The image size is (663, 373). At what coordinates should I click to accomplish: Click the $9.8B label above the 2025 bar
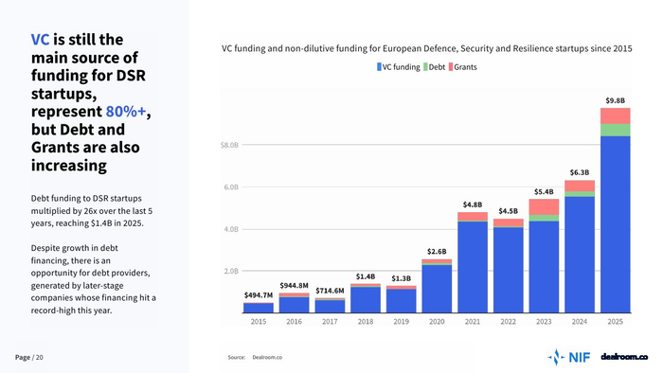pos(616,100)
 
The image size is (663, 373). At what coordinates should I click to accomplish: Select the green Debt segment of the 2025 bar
pos(616,130)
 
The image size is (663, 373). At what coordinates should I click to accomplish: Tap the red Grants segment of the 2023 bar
pos(544,207)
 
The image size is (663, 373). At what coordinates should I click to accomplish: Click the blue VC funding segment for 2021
pos(473,267)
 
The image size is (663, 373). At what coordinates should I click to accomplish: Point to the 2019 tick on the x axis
pos(401,322)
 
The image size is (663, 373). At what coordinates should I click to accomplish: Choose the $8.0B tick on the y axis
pos(229,145)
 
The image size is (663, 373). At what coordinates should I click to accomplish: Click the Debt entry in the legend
pos(434,67)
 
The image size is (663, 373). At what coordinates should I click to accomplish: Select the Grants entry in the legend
pos(462,67)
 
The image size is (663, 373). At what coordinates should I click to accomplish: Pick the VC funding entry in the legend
pos(399,67)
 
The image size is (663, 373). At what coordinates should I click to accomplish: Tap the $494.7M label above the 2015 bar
pos(259,295)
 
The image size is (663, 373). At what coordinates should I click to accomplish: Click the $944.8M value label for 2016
pos(294,286)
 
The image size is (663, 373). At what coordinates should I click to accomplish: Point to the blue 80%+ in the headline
pos(126,111)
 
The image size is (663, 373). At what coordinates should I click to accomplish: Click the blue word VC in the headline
pos(40,39)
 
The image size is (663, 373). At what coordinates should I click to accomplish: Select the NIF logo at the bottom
pos(568,357)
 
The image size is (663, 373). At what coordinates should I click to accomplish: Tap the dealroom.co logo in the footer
pos(624,357)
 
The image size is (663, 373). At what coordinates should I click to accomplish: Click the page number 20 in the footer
pos(40,357)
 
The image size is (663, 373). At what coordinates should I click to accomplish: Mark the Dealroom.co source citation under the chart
pos(267,357)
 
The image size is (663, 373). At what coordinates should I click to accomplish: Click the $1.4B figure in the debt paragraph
pos(101,223)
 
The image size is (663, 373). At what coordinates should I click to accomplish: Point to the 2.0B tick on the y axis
pos(231,271)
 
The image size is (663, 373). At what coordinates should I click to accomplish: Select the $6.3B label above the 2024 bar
pos(580,172)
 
